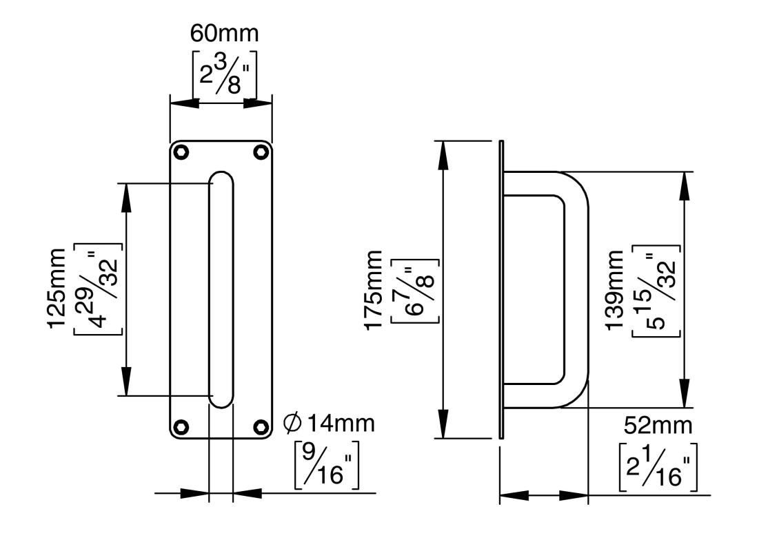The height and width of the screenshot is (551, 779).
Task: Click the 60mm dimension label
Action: point(221,34)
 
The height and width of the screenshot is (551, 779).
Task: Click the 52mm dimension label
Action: point(657,426)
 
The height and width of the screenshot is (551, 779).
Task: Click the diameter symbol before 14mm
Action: point(293,423)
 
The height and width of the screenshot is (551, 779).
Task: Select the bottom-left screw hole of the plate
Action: point(181,426)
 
